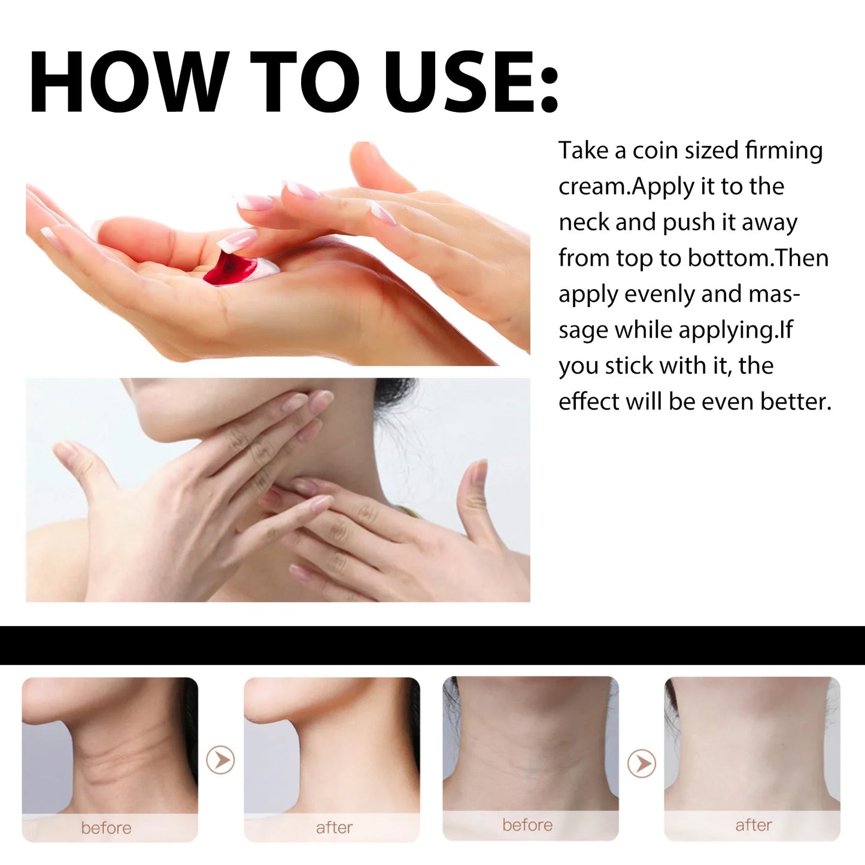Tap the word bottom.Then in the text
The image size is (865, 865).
pos(758,258)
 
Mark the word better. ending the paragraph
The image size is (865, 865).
pos(796,402)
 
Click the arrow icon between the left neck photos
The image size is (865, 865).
pos(220,760)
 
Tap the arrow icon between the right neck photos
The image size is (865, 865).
pos(642,763)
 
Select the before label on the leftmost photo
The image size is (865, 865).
pos(106,828)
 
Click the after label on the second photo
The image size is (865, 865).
pos(334,827)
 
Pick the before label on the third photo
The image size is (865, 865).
pos(527,825)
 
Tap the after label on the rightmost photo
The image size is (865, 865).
pos(753,825)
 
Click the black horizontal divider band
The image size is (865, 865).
pos(432,645)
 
